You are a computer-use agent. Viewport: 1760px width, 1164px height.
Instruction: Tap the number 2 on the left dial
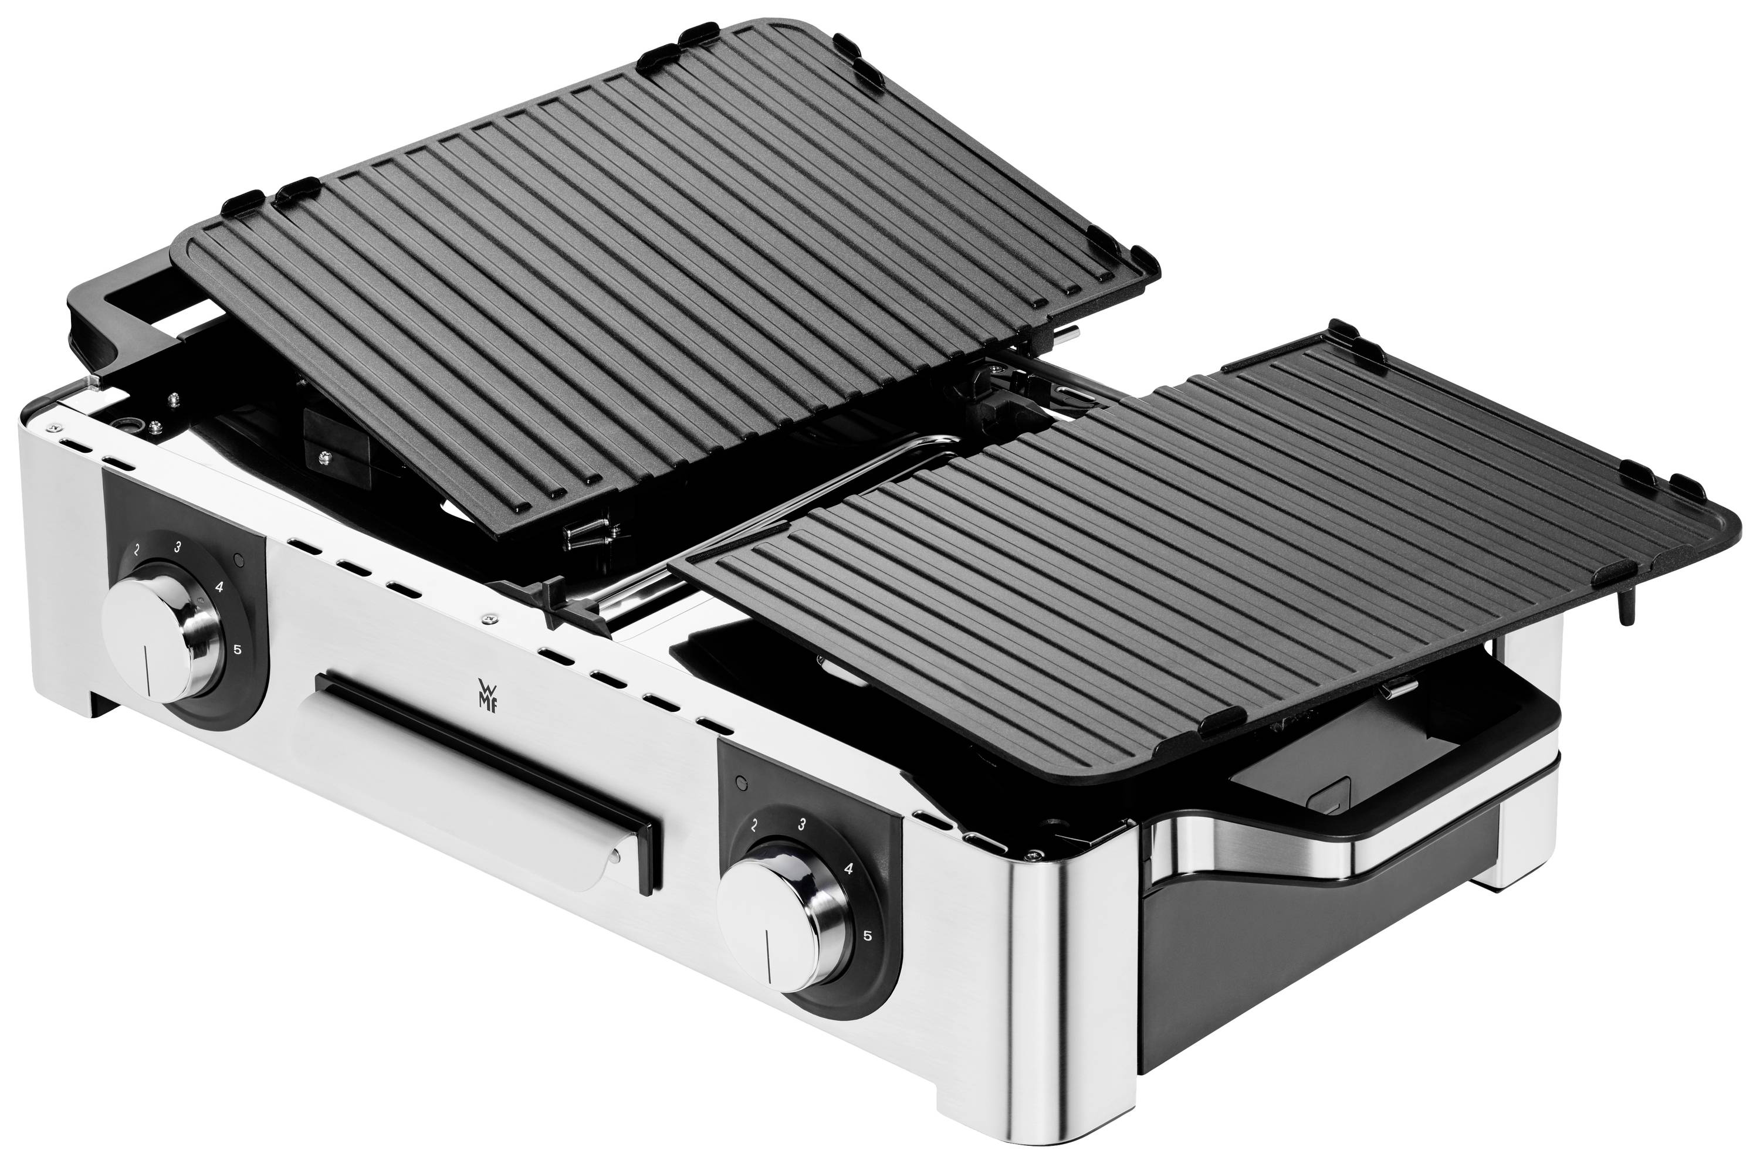[137, 551]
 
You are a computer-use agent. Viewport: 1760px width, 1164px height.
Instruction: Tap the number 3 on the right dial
[801, 823]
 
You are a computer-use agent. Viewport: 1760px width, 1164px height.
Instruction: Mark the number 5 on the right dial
[867, 935]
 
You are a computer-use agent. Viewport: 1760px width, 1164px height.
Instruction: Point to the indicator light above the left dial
[238, 558]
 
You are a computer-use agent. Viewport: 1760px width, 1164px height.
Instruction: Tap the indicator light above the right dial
[740, 781]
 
